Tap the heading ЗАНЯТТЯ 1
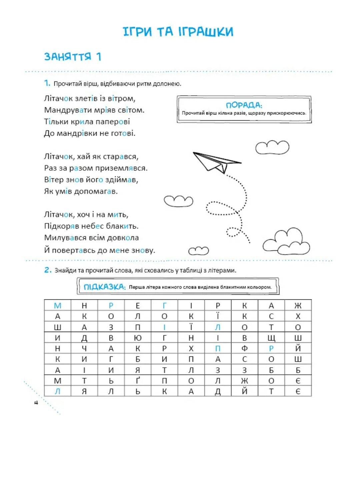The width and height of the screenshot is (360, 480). pos(73,57)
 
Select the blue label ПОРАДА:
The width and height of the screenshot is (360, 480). pos(244,105)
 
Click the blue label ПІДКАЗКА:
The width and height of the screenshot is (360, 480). pos(104,287)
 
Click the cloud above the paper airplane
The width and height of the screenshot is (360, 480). pos(272,147)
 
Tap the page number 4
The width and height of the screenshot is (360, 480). pos(36,403)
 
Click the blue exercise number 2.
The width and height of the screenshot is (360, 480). pos(48,270)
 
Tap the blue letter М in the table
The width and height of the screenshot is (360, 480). pos(58,305)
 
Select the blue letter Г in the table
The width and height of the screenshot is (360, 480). pos(164,305)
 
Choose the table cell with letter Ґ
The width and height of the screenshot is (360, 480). pos(138,380)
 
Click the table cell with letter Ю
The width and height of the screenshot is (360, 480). pos(138,338)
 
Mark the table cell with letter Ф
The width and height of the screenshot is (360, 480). pos(244,348)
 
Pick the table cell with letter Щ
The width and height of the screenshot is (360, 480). pos(271,338)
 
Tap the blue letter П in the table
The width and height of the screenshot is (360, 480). pos(218,348)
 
